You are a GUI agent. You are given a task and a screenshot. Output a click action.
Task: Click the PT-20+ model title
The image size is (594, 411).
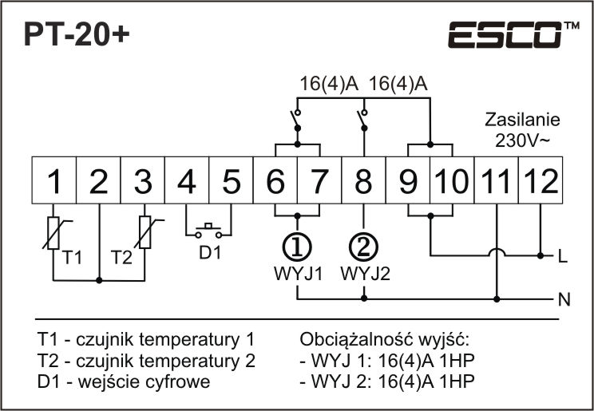(75, 34)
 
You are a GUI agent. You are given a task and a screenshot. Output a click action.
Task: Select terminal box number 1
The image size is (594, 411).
(53, 182)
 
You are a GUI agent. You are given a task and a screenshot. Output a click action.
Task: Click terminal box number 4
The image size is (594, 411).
(186, 182)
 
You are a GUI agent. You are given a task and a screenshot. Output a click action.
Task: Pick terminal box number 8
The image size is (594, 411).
(362, 182)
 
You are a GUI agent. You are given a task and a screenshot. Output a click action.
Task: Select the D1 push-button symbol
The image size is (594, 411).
(210, 232)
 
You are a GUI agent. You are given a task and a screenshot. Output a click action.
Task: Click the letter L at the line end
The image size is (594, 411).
(563, 257)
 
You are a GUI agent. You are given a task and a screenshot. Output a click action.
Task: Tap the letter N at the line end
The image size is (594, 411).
(563, 301)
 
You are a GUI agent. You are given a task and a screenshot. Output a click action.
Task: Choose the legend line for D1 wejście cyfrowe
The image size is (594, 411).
(124, 381)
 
